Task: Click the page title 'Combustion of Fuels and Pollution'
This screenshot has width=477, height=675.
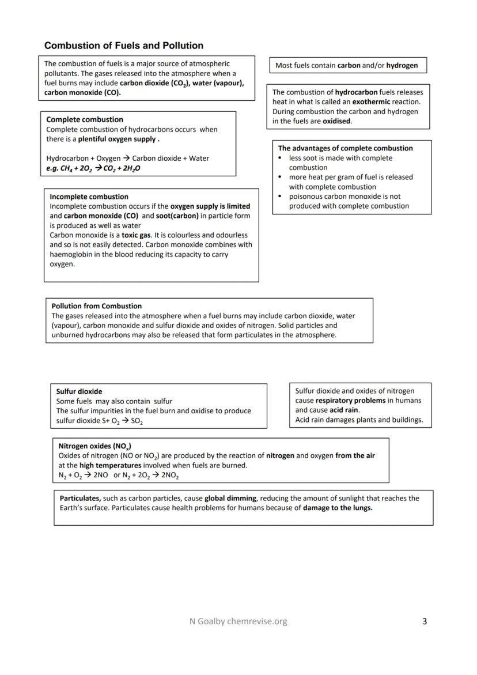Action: coord(123,46)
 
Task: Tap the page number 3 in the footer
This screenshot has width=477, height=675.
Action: coord(425,621)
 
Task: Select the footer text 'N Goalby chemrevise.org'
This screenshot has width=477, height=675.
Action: coord(238,621)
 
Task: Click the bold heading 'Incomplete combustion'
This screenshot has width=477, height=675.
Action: coord(89,197)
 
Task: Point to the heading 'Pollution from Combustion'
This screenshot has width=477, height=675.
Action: coord(96,306)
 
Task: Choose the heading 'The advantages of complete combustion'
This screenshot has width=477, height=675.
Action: coord(345,148)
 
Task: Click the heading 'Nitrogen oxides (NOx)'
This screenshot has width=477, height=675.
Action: coord(94,446)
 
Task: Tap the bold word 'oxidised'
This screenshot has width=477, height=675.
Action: coord(336,121)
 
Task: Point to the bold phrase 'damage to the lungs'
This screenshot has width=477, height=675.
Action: coord(337,508)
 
